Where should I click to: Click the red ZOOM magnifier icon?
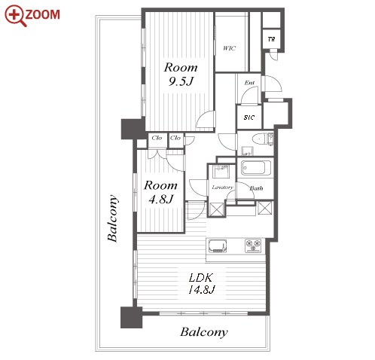16,16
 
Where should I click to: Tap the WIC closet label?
230,48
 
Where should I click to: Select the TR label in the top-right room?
271,39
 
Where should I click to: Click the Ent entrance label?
249,82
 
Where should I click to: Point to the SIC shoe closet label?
249,117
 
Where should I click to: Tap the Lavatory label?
222,188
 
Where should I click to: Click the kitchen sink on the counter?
218,246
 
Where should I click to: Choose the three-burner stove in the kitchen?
253,246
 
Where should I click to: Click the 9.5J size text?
181,81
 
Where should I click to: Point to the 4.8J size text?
160,200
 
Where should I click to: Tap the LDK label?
200,278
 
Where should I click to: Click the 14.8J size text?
201,290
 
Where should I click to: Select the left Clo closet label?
157,138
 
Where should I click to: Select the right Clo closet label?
175,138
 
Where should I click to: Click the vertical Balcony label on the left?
113,218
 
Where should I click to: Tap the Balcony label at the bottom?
204,332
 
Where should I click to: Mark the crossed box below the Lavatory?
216,209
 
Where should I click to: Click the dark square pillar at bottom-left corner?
131,317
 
